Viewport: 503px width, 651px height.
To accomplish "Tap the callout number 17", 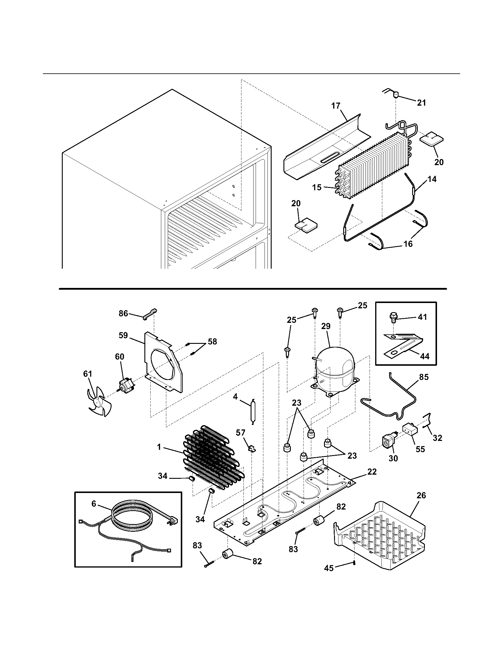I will pyautogui.click(x=336, y=106).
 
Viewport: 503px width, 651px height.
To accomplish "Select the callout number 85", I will pyautogui.click(x=424, y=377).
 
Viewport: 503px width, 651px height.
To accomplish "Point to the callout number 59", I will pyautogui.click(x=123, y=335).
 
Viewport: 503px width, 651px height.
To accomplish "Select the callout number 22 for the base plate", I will pyautogui.click(x=372, y=472).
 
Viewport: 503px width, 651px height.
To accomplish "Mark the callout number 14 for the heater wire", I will pyautogui.click(x=432, y=179).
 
